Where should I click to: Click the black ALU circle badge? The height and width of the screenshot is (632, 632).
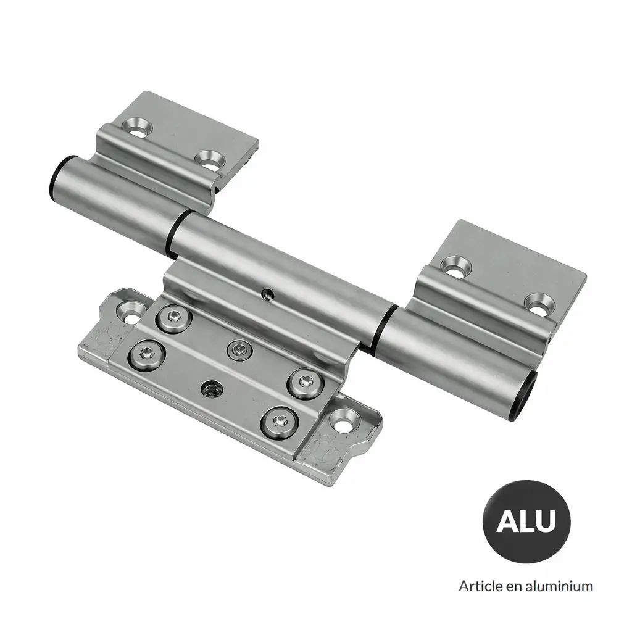pos(526,521)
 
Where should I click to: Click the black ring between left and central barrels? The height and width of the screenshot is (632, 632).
pos(176,234)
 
